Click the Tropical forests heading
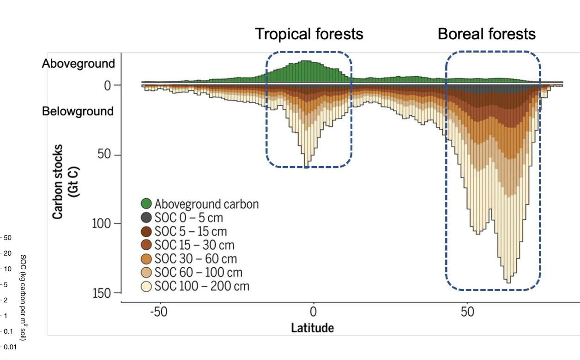tap(309, 34)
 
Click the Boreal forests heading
tap(486, 34)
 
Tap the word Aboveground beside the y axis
tap(79, 64)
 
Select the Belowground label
tap(78, 111)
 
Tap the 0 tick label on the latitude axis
tap(313, 312)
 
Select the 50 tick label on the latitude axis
tap(467, 312)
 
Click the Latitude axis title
tap(312, 328)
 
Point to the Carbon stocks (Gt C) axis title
tap(65, 182)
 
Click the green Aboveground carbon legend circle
tap(146, 204)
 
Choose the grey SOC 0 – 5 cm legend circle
tap(146, 217)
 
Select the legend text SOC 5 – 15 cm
tap(191, 231)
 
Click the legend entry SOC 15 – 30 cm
tap(193, 245)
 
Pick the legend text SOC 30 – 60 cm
tap(193, 259)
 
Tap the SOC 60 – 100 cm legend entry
tap(198, 273)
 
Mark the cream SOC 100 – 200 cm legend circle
tap(146, 286)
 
